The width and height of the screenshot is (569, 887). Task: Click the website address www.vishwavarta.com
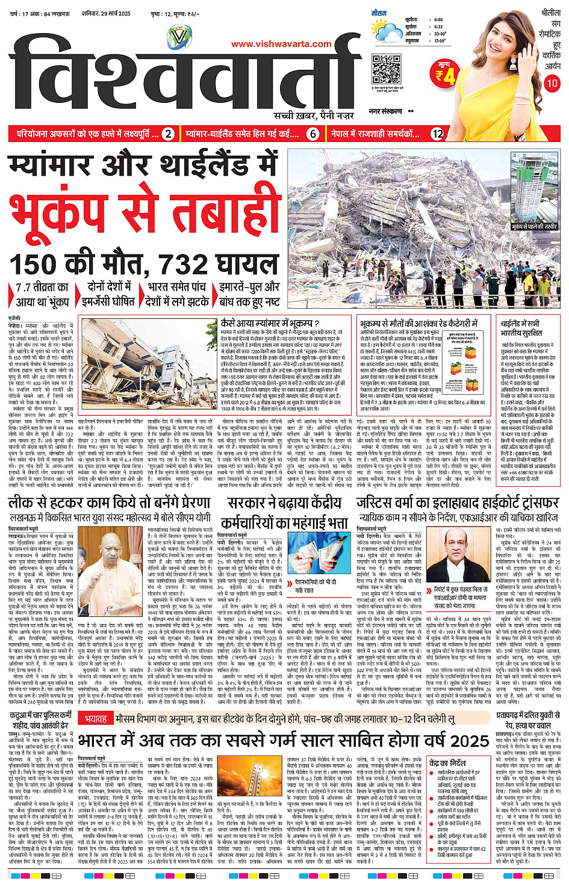[281, 43]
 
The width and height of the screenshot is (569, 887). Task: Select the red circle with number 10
[552, 83]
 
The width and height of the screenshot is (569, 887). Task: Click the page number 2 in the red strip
[169, 134]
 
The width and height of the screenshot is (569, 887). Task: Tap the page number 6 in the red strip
[312, 134]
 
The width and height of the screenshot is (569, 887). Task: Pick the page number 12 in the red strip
[437, 134]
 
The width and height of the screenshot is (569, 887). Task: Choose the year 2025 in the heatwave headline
[468, 740]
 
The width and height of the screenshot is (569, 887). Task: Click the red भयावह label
[96, 719]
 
